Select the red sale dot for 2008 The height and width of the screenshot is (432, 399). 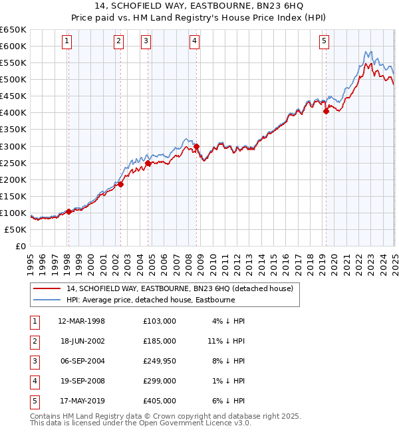[196, 146]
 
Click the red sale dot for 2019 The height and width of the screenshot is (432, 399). [326, 112]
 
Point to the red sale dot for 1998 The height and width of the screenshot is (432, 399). [68, 212]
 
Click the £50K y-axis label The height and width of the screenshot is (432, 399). [16, 229]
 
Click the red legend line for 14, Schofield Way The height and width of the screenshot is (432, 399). [47, 288]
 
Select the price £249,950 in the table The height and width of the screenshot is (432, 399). [160, 361]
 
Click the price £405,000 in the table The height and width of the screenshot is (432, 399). [160, 401]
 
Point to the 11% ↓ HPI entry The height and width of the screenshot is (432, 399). [226, 341]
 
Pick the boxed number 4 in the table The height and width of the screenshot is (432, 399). [34, 381]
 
